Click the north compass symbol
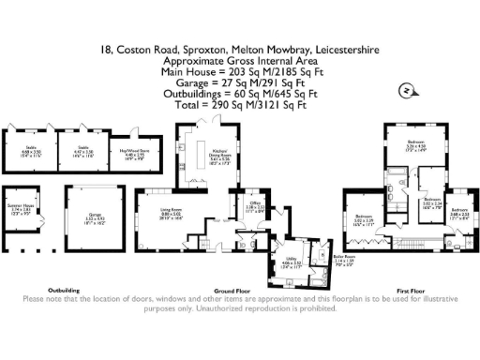(403, 91)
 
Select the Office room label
(255, 205)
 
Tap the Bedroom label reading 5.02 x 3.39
(363, 222)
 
